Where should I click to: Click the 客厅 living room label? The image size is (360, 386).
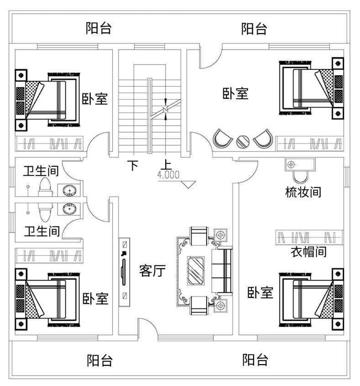(152, 271)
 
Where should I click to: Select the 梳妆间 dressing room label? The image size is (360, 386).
(303, 192)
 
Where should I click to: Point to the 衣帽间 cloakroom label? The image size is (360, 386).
(308, 251)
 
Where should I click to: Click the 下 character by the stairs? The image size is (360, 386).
(132, 165)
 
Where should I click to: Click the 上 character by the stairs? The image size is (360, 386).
(167, 165)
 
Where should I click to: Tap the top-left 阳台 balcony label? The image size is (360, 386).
(99, 29)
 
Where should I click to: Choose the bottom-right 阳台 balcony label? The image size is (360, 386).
(255, 360)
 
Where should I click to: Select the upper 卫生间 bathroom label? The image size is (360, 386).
(41, 171)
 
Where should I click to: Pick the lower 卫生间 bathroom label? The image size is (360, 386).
(42, 231)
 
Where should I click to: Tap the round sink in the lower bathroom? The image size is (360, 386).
(69, 209)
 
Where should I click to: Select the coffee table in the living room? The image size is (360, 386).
(197, 270)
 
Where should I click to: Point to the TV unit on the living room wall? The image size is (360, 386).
(124, 272)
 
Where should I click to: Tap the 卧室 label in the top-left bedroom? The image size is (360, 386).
(95, 99)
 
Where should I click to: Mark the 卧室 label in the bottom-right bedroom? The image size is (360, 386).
(260, 293)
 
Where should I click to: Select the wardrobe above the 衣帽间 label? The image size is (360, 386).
(309, 237)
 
